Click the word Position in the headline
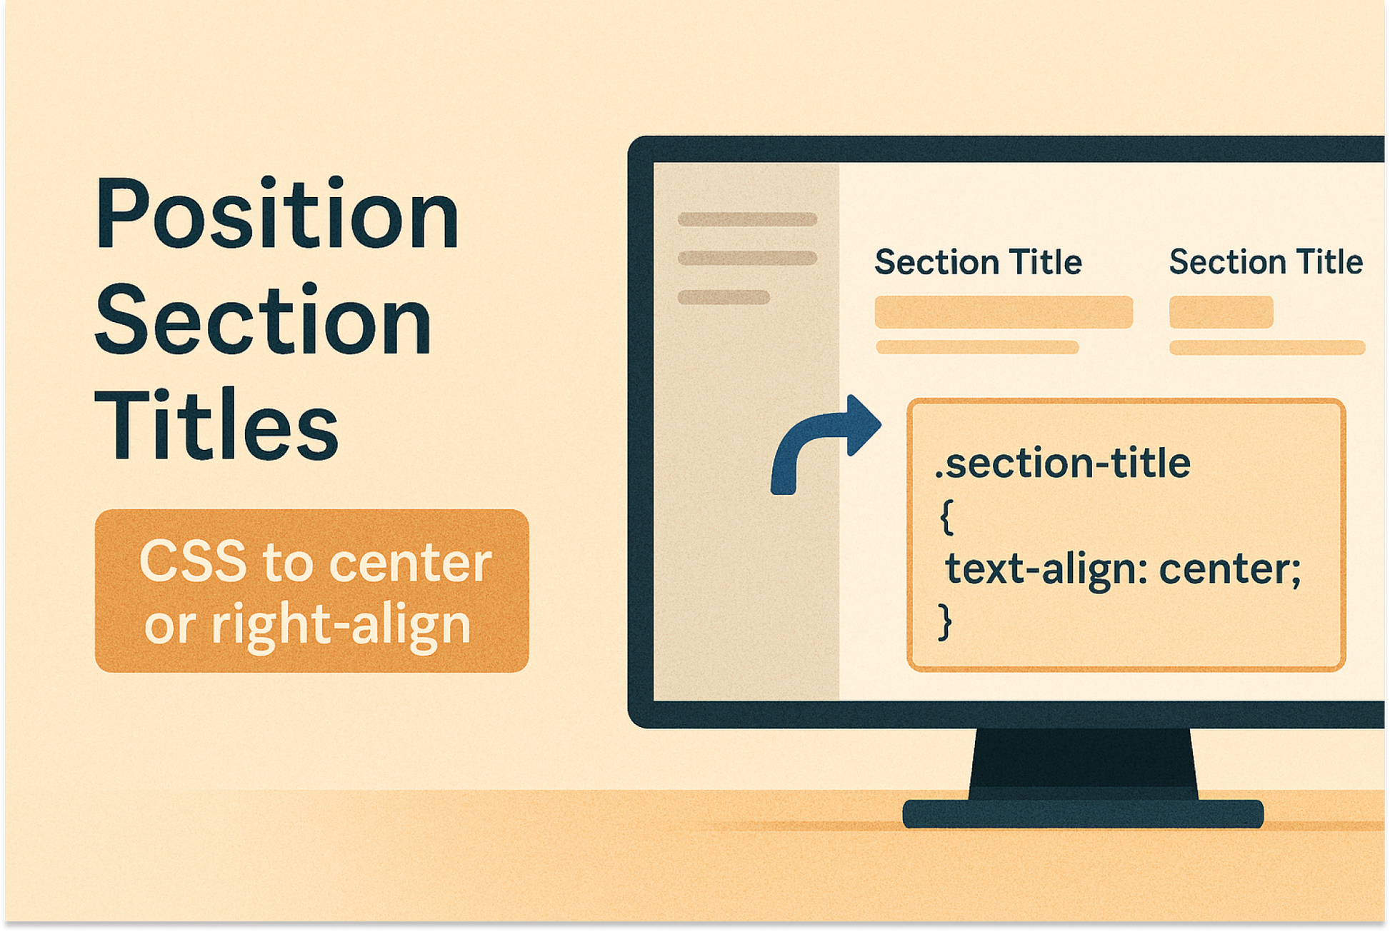277,214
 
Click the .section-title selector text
1063,463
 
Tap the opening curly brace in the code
946,516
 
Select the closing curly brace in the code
945,621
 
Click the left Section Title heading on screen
978,262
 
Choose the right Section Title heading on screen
1266,262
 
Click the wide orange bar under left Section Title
1004,312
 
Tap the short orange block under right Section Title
1221,312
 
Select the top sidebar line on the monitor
747,219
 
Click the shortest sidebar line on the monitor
724,297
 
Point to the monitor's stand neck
1083,764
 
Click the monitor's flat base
1083,814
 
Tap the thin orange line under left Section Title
977,348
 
